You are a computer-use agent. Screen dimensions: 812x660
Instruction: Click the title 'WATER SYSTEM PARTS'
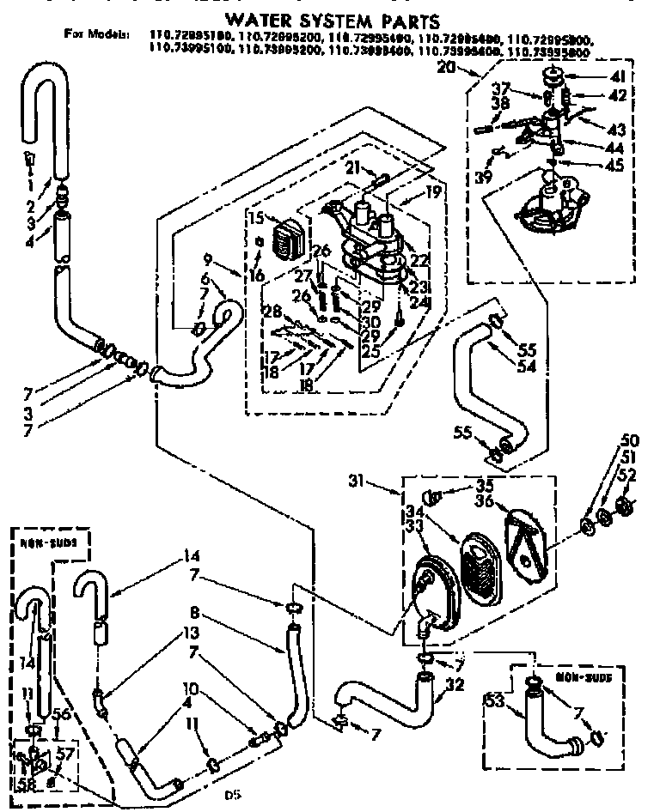tap(332, 19)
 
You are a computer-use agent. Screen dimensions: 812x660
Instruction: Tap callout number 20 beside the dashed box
tap(445, 70)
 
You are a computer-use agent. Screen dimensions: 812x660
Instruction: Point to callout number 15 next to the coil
tap(255, 218)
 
